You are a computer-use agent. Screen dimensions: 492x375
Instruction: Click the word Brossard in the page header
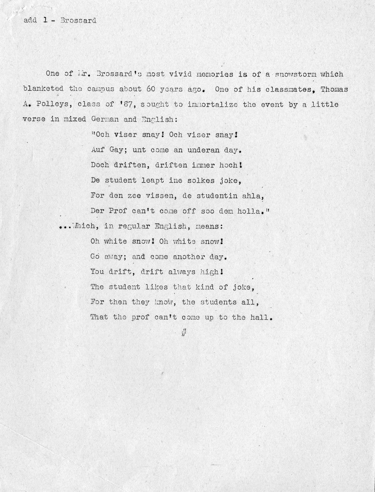pos(78,20)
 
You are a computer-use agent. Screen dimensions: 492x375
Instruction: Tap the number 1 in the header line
pos(45,20)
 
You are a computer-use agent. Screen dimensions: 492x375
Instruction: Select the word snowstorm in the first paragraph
pos(295,74)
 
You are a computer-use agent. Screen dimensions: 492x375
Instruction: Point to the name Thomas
pos(334,89)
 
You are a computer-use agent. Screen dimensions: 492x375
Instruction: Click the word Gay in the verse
pos(116,150)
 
